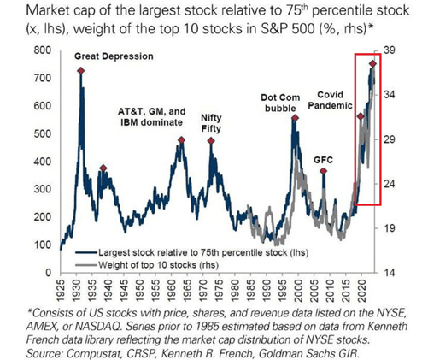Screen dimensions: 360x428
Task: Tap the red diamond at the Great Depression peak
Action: pyautogui.click(x=81, y=71)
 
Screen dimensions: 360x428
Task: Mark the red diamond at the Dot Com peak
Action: pyautogui.click(x=296, y=119)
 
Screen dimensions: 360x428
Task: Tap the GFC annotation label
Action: pyautogui.click(x=323, y=159)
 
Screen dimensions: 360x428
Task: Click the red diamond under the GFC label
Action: pyautogui.click(x=324, y=172)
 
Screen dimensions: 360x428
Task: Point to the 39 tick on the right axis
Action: pyautogui.click(x=390, y=51)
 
